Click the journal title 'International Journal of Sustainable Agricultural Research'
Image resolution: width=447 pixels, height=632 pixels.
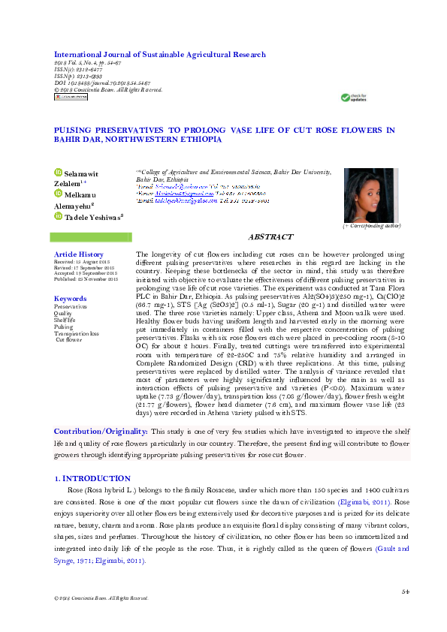point(159,55)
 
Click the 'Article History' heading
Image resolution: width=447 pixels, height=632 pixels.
point(79,254)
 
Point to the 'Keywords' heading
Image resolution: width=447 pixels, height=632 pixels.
point(71,299)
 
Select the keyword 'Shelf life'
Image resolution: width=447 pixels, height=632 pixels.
point(65,321)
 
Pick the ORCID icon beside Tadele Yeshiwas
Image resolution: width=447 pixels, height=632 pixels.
point(58,216)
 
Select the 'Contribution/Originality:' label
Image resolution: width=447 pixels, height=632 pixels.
point(101,432)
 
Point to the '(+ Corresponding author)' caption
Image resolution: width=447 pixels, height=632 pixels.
point(371,225)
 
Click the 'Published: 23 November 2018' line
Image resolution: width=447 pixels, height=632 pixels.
point(86,278)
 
